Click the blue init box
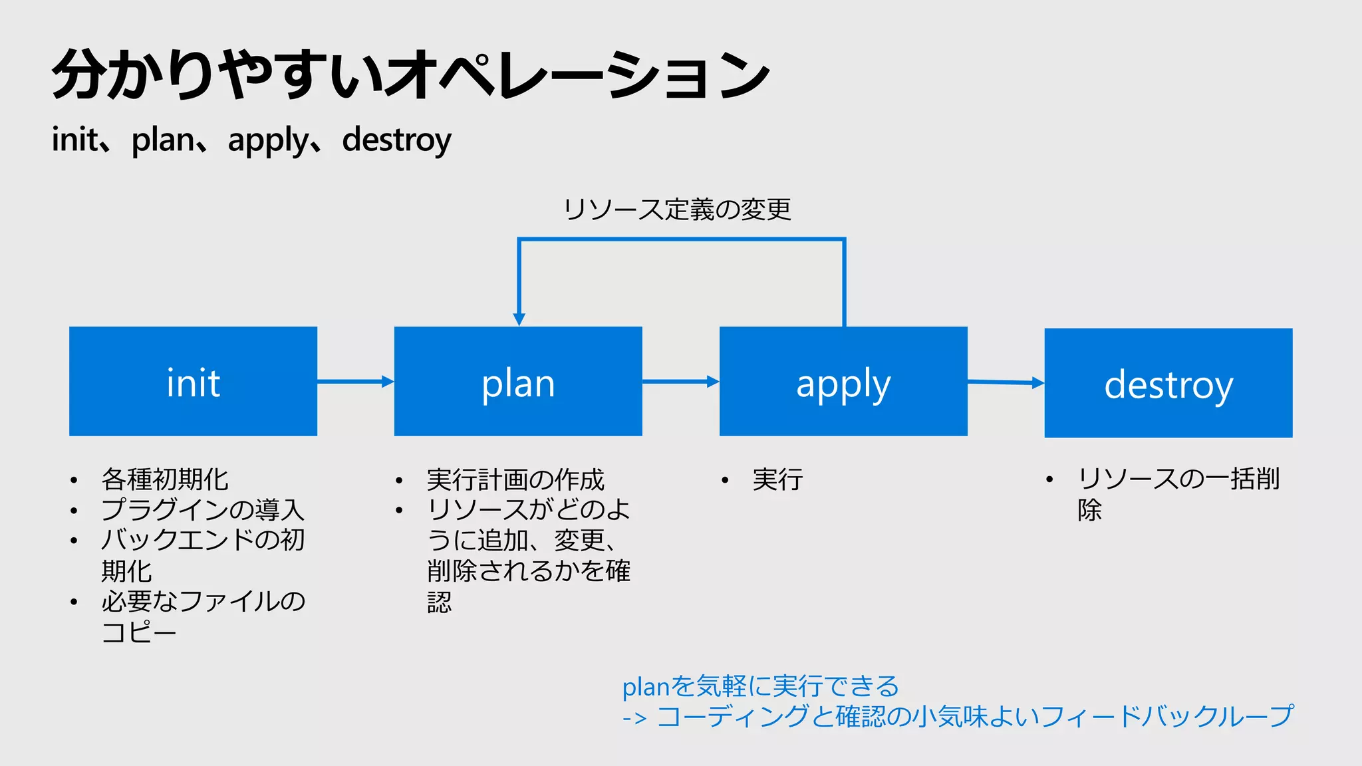point(193,382)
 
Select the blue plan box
point(518,382)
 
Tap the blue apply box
point(843,382)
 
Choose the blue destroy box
point(1168,383)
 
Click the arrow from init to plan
point(355,382)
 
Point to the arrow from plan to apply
point(680,382)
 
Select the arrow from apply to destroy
point(1006,382)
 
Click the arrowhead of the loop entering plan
point(519,319)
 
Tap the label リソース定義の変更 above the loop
point(677,209)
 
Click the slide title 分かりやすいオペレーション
point(410,74)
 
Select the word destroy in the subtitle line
point(396,140)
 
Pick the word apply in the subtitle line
point(269,140)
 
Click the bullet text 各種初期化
point(164,479)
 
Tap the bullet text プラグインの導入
point(203,510)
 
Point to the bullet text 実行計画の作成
point(515,479)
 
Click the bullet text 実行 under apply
point(777,479)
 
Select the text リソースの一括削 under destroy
point(1178,479)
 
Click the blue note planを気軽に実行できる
point(760,686)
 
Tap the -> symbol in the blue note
point(634,718)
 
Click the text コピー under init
point(138,632)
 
